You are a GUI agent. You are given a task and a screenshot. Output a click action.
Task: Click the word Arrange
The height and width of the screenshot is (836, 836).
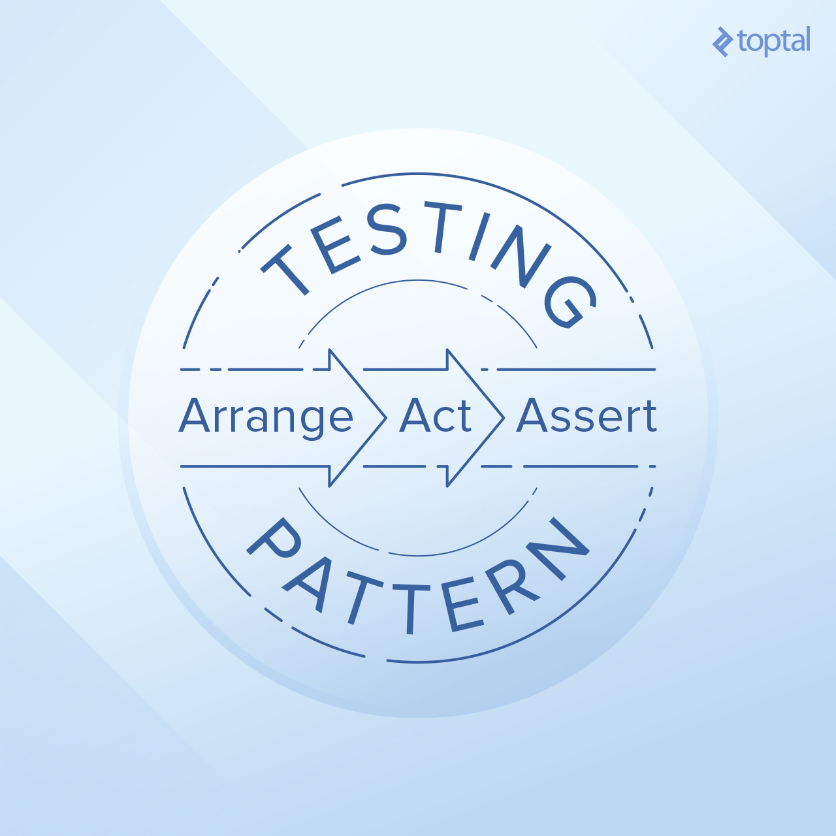click(266, 417)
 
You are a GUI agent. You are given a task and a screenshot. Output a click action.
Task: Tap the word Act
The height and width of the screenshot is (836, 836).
click(435, 416)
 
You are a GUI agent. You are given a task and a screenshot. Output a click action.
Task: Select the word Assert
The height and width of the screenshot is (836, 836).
click(586, 416)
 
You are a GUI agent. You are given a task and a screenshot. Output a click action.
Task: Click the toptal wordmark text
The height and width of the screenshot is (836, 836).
click(774, 42)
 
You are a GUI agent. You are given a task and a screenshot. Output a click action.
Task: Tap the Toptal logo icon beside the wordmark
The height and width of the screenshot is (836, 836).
click(722, 42)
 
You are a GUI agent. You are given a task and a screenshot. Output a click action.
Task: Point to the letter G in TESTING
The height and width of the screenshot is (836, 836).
click(570, 302)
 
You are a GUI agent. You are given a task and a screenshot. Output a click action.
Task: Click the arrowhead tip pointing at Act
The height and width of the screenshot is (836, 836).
click(386, 417)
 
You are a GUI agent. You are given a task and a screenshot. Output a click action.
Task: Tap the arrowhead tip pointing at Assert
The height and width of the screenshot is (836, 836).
click(504, 417)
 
